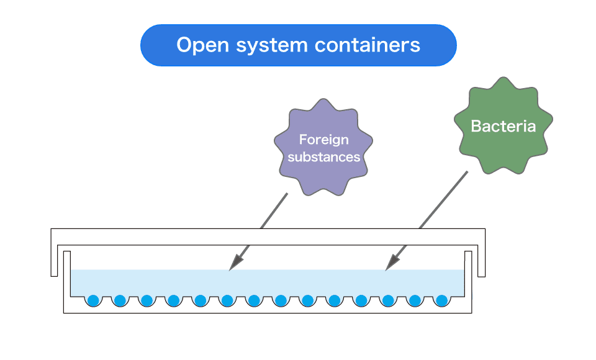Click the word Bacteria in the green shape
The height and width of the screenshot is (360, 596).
(x=503, y=127)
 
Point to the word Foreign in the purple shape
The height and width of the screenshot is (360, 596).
(x=323, y=140)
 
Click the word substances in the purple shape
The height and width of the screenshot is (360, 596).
(x=323, y=157)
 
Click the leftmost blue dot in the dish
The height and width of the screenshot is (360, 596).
(x=93, y=300)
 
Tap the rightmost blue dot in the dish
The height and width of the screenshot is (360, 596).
(x=441, y=300)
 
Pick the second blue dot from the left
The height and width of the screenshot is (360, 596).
(x=120, y=300)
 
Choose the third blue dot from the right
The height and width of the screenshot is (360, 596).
(x=388, y=300)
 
